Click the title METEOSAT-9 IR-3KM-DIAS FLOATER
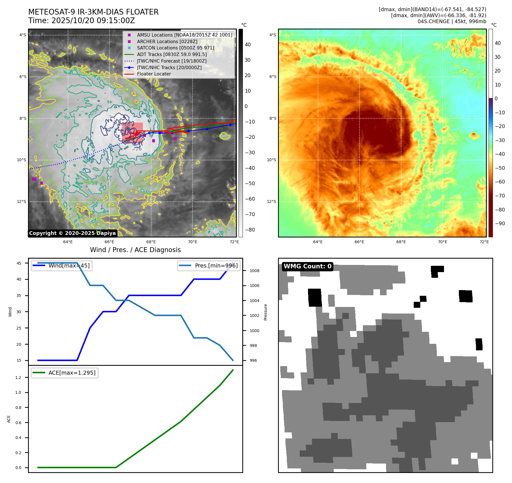(x=93, y=12)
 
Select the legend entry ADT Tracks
(x=172, y=54)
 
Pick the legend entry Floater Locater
(x=154, y=74)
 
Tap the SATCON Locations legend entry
(x=175, y=48)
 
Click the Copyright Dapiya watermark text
(x=72, y=233)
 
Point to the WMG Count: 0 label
(x=307, y=266)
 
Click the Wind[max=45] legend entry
(x=69, y=266)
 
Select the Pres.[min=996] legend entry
(x=216, y=266)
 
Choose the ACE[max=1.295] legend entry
(x=72, y=373)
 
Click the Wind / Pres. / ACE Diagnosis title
(x=135, y=250)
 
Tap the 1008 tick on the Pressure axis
(x=254, y=271)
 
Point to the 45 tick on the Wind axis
(x=19, y=263)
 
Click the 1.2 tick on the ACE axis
(x=18, y=378)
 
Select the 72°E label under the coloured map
(x=484, y=242)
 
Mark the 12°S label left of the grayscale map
(x=21, y=201)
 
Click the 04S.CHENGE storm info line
(x=452, y=21)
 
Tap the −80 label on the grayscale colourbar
(x=250, y=230)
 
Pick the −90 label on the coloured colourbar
(x=500, y=223)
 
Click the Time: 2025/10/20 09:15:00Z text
(x=81, y=21)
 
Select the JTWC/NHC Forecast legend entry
(x=171, y=61)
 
